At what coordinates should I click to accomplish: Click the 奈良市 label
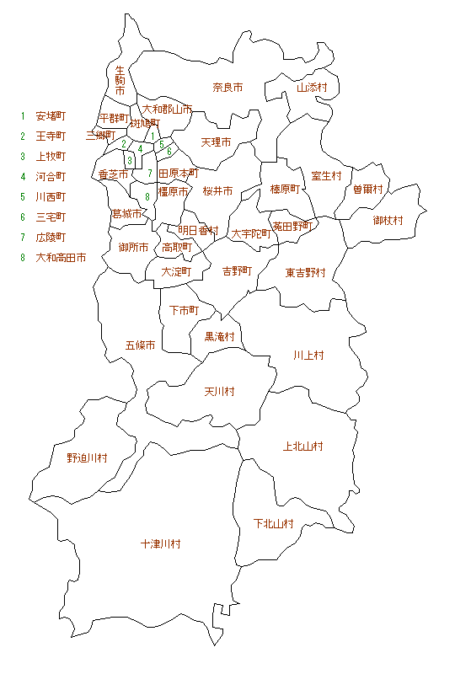coord(227,87)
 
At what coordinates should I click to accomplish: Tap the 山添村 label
coord(311,87)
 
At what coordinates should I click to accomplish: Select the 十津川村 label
coord(160,544)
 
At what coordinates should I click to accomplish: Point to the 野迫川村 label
coord(87,457)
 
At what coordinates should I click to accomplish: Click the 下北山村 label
coord(274,523)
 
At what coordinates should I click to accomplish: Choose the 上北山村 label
coord(303,446)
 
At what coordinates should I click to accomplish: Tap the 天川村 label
coord(219,392)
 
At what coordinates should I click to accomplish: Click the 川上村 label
coord(308,355)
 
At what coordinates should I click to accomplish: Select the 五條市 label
coord(140,345)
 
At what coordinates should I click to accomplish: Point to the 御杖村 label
coord(388,220)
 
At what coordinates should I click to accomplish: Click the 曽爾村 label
coord(368,190)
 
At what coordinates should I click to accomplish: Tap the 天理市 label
coord(217,142)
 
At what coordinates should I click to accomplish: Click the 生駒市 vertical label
coord(120,80)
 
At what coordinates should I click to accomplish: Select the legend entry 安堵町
coord(51,115)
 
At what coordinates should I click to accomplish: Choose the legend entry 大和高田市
coord(61,257)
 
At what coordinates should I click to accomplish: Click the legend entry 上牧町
coord(51,156)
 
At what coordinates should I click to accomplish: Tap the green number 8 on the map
coord(147,196)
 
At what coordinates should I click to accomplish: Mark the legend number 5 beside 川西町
coord(24,196)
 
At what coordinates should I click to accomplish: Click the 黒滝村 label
coord(219,336)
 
